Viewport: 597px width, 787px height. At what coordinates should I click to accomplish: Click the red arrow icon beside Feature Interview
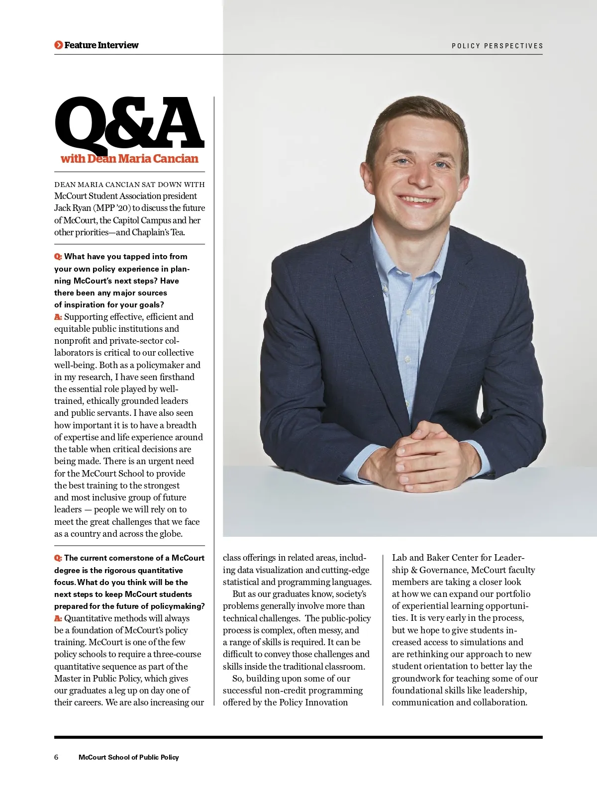click(x=59, y=45)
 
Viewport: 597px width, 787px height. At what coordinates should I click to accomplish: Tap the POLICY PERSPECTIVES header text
click(x=497, y=46)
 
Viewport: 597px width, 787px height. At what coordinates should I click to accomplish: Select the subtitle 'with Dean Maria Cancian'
click(x=129, y=159)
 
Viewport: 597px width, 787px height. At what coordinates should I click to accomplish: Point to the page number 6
click(x=56, y=757)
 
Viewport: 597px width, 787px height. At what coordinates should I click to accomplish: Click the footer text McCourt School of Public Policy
click(x=128, y=757)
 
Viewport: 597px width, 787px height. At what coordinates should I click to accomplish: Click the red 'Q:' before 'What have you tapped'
click(x=58, y=257)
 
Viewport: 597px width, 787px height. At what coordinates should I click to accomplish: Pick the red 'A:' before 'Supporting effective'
click(x=58, y=317)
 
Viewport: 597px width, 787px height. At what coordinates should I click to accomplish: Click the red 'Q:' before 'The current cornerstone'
click(x=58, y=558)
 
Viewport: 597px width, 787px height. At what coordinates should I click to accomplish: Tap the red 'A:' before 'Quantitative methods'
click(x=58, y=618)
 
